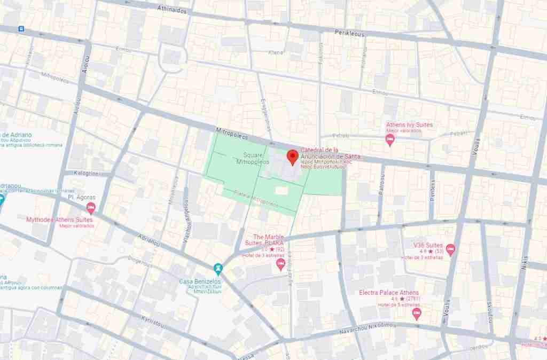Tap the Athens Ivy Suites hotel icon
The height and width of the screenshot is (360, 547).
(390, 140)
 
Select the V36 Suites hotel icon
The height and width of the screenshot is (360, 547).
(450, 248)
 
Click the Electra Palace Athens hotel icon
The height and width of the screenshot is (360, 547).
(417, 313)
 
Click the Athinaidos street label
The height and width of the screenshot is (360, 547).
(172, 9)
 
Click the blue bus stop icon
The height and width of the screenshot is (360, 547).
(21, 29)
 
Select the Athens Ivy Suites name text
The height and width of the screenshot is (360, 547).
(410, 125)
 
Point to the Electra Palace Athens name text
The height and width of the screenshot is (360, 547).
(388, 293)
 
